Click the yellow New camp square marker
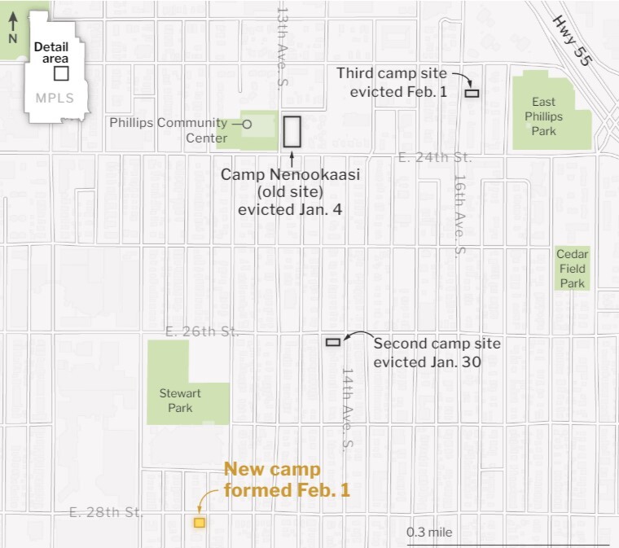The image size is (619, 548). click(x=199, y=523)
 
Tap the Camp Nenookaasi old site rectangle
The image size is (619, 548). click(x=292, y=131)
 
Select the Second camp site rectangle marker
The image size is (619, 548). click(x=333, y=342)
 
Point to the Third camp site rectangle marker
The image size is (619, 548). click(x=472, y=93)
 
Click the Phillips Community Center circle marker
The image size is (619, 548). click(x=248, y=124)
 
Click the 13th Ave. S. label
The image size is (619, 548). click(x=282, y=49)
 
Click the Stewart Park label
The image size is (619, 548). click(x=180, y=400)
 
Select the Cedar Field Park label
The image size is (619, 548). click(x=572, y=269)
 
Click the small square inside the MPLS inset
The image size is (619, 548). click(x=61, y=73)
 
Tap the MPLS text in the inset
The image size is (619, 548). click(x=55, y=99)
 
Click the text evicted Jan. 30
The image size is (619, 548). click(x=426, y=361)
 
